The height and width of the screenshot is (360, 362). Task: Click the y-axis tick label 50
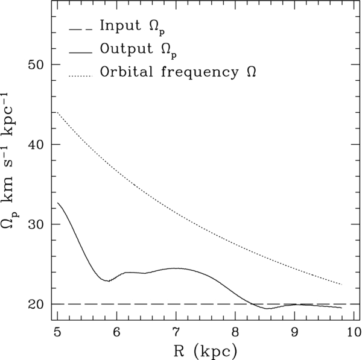36,65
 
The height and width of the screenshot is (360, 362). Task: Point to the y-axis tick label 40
36,145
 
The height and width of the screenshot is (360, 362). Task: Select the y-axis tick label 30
36,224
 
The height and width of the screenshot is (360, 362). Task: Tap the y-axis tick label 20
36,305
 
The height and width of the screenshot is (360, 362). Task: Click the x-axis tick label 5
57,333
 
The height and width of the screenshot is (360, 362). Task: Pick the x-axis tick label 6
116,333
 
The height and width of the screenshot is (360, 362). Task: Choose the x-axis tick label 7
176,333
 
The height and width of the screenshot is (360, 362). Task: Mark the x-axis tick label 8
235,333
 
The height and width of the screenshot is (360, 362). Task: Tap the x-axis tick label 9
294,333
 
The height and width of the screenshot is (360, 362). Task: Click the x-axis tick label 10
353,333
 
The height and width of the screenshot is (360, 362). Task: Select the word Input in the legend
120,25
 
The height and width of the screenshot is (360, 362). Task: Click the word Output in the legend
126,49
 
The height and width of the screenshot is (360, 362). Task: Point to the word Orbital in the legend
126,72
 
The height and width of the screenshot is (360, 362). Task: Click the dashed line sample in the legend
81,30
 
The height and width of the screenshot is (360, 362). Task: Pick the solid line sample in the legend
81,53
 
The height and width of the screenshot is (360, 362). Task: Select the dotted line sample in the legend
81,76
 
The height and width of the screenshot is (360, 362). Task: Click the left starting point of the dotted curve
57,112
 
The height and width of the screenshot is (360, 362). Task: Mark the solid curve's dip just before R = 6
108,281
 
